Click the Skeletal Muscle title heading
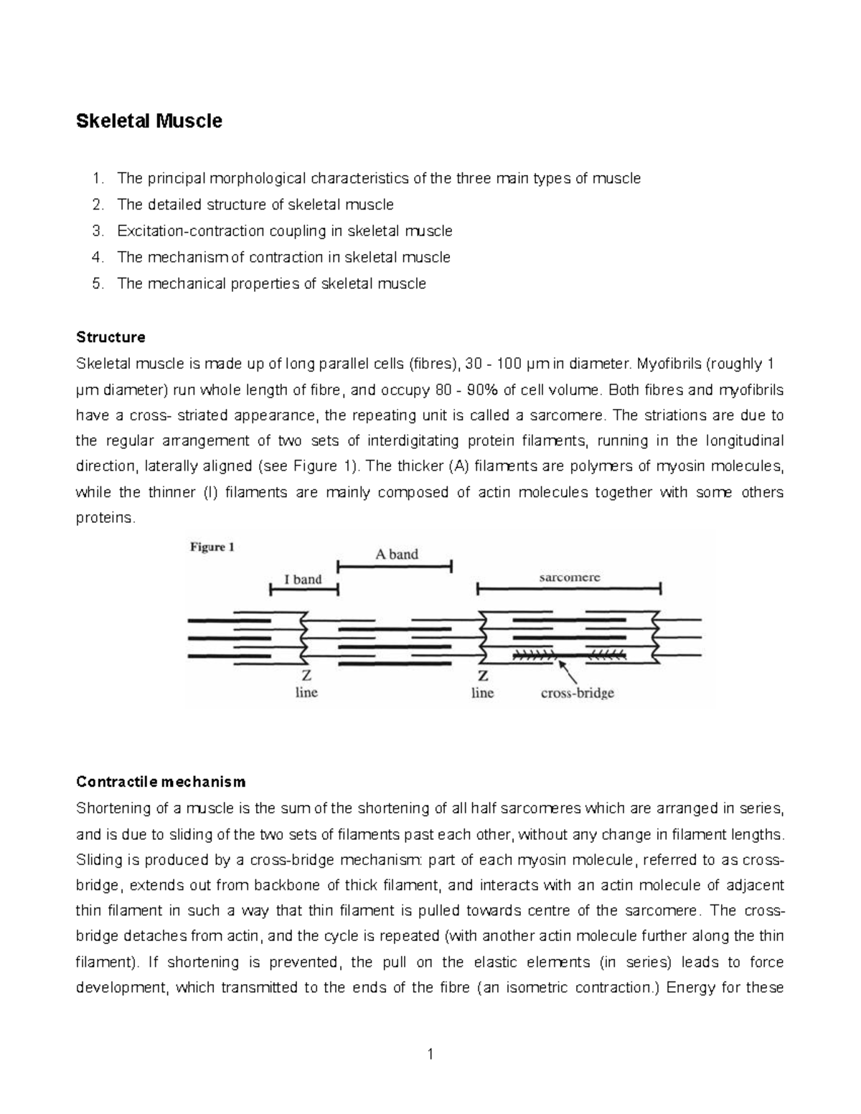pyautogui.click(x=149, y=121)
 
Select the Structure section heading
pyautogui.click(x=110, y=337)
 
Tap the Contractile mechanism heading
pyautogui.click(x=161, y=781)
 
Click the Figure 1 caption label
pyautogui.click(x=212, y=547)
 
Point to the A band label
pyautogui.click(x=397, y=554)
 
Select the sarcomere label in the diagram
pyautogui.click(x=570, y=577)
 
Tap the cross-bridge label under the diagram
pyautogui.click(x=578, y=693)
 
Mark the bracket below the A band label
pyautogui.click(x=395, y=567)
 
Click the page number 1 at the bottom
pyautogui.click(x=430, y=1054)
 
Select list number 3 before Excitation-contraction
pyautogui.click(x=98, y=231)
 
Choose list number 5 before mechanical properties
pyautogui.click(x=98, y=283)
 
